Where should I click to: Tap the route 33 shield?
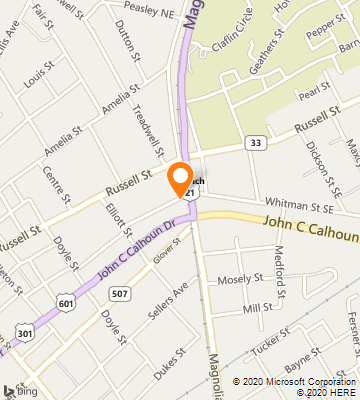point(258,143)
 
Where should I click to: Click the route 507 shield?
point(120,293)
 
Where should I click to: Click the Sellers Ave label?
point(167,302)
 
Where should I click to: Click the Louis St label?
point(41,77)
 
